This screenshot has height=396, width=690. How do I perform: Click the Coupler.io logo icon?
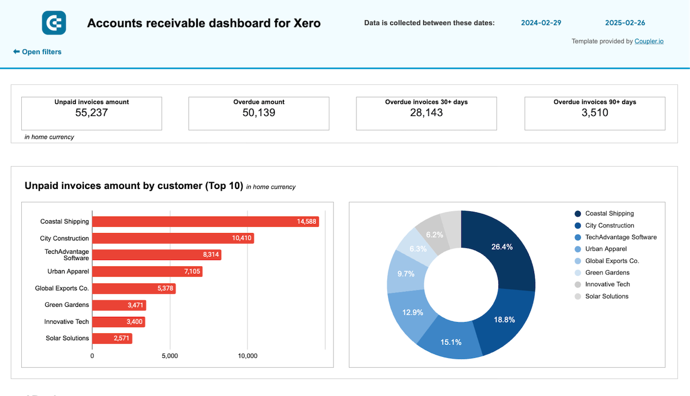tap(54, 23)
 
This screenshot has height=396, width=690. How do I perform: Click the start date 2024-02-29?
tap(541, 23)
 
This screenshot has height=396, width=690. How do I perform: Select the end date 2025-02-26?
tap(625, 23)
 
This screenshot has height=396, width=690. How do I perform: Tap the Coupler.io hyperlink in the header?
tap(649, 41)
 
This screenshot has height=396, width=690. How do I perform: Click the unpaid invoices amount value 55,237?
tap(91, 113)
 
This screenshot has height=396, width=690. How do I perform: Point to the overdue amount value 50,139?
tap(259, 113)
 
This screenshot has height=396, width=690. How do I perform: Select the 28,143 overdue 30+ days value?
tap(426, 113)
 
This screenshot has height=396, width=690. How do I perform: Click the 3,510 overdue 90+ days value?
tap(595, 113)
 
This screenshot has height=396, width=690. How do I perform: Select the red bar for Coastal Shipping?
tap(205, 222)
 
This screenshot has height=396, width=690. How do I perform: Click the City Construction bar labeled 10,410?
tap(173, 238)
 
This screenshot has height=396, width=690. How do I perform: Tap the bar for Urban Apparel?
tap(147, 272)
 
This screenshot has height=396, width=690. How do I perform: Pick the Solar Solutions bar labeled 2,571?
tap(112, 338)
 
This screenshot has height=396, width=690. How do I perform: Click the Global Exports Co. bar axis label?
tap(62, 288)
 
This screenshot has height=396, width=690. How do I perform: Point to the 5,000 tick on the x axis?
tap(170, 356)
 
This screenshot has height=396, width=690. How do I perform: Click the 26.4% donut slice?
tap(501, 247)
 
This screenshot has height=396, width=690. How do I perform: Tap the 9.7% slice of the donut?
tap(405, 273)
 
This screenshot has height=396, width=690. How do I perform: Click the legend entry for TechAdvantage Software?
tap(621, 237)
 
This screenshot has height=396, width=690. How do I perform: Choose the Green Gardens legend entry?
tap(607, 272)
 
